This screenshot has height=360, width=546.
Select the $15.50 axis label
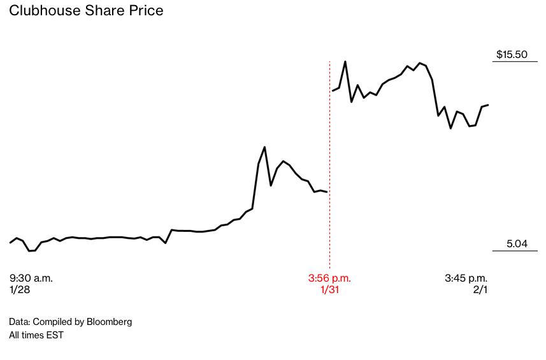(512, 54)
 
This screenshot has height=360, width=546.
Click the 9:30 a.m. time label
(31, 278)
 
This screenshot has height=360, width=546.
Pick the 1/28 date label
(20, 289)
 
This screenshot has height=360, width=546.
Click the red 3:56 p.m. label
(329, 278)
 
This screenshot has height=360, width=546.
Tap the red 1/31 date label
(329, 289)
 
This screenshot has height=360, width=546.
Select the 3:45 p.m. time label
(466, 278)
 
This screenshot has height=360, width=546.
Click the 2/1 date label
(480, 289)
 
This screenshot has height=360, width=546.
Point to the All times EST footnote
(36, 335)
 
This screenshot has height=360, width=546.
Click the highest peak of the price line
(345, 62)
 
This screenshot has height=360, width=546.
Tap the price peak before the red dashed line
(264, 147)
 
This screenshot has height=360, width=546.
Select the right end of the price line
(488, 104)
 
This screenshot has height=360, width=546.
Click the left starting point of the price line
(10, 243)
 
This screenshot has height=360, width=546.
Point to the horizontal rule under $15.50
(516, 62)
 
